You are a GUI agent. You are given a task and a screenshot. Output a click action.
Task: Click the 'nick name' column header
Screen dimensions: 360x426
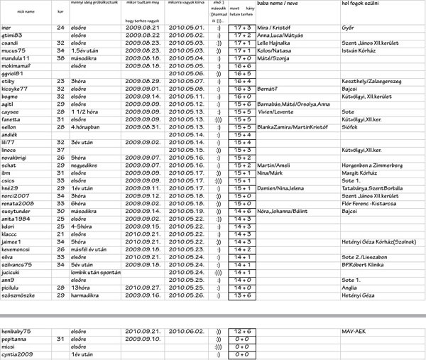(25, 12)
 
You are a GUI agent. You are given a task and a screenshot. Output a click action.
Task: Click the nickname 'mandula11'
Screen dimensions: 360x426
(16, 58)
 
